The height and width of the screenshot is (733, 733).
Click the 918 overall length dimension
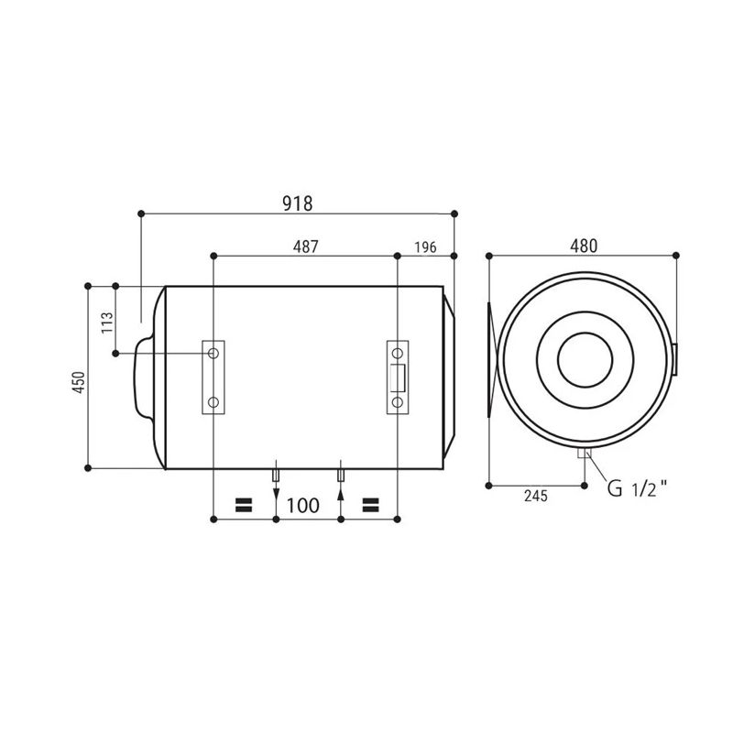pos(297,203)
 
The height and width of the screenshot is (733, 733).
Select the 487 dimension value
pos(305,246)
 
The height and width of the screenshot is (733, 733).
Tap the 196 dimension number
pos(425,247)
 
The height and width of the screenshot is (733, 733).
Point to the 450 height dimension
pos(79,382)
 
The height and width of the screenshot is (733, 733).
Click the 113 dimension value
pos(107,323)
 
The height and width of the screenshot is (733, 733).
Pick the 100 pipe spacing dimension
pos(303,506)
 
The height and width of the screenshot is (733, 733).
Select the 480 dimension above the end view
pos(584,246)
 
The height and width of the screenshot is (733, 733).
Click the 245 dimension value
pos(536,496)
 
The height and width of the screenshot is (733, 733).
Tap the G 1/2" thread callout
pos(637,488)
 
